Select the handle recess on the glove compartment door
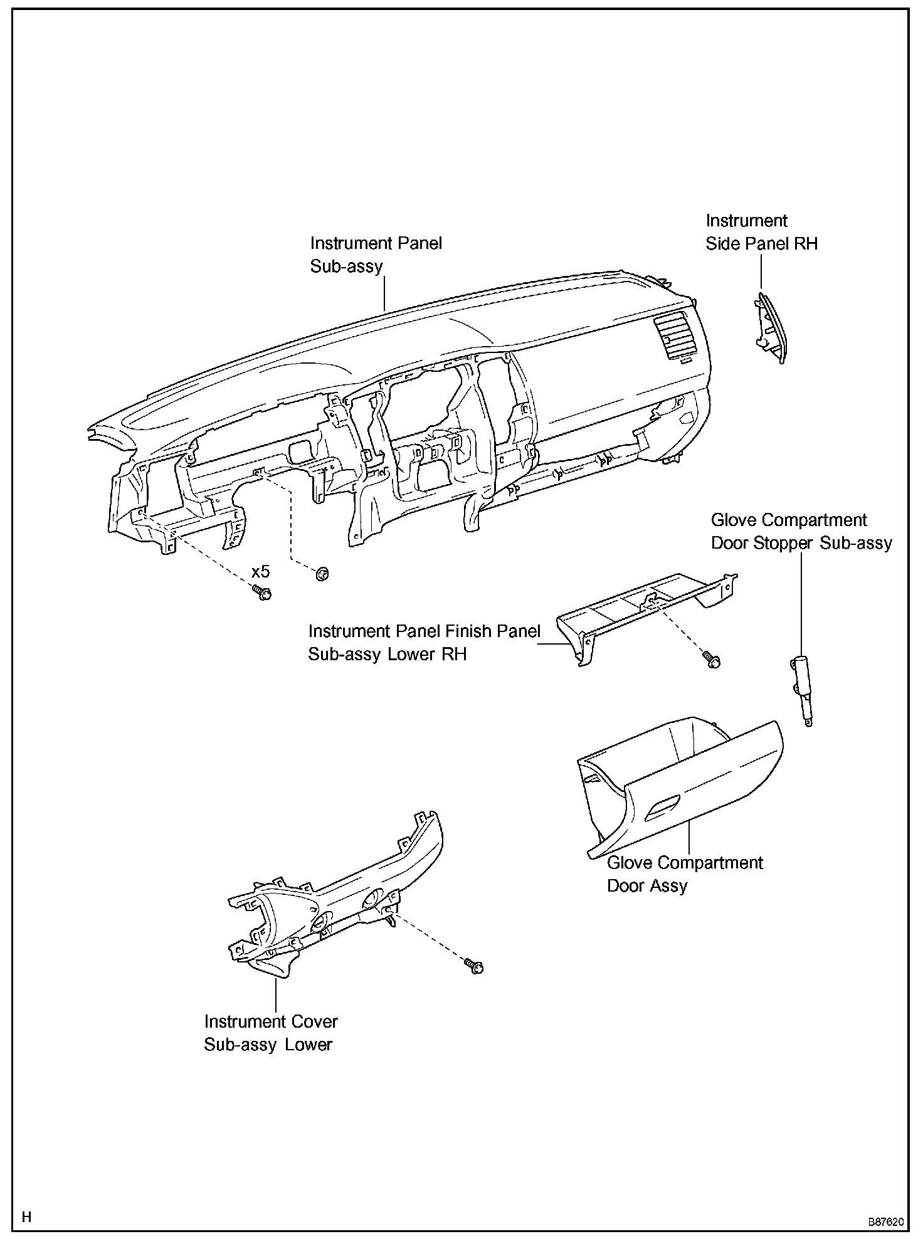click(x=662, y=807)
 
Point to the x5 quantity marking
click(x=260, y=572)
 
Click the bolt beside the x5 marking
click(x=262, y=593)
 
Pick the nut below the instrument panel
click(x=322, y=572)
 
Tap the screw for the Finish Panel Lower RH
click(x=712, y=660)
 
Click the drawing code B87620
click(x=885, y=1222)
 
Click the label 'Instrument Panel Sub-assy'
click(x=376, y=255)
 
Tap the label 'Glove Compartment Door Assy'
click(x=684, y=874)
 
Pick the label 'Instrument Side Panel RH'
click(x=761, y=232)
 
